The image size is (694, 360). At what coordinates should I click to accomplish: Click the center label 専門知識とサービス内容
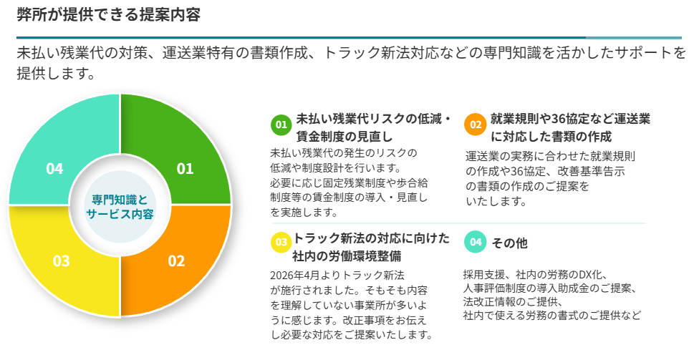tap(120, 207)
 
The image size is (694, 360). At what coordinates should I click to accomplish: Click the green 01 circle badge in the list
tap(281, 125)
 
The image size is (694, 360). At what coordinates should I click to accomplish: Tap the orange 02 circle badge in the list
tap(476, 125)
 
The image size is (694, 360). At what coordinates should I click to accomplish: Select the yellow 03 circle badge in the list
tap(281, 243)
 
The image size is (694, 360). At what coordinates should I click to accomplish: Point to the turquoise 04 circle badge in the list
tap(476, 243)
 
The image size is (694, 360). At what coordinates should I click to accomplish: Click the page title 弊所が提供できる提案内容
tap(109, 14)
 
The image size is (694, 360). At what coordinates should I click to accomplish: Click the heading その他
tap(509, 243)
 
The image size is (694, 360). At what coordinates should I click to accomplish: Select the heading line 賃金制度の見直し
tap(344, 136)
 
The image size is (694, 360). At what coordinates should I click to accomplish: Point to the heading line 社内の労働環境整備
tap(347, 256)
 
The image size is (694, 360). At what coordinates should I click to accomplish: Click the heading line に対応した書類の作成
tap(551, 137)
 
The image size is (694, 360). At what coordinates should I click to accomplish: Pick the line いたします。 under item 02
tap(496, 201)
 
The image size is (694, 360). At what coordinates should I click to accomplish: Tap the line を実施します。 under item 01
tap(305, 213)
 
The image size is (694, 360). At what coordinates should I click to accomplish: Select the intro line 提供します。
tap(56, 73)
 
